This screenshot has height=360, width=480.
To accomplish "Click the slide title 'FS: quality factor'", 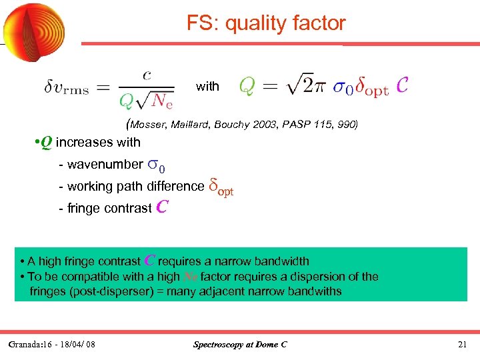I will [x=266, y=24].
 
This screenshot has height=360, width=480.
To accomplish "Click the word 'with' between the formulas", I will [x=207, y=86].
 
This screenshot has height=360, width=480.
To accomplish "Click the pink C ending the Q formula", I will [x=403, y=85].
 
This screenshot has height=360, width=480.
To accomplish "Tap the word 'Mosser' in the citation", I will [x=147, y=124].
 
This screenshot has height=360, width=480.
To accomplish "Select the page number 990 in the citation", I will [x=347, y=124].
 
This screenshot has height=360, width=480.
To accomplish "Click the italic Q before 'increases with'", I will [x=45, y=141].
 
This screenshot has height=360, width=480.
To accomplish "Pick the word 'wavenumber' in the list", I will [x=105, y=164].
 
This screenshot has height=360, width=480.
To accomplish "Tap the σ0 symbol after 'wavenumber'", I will [x=157, y=165].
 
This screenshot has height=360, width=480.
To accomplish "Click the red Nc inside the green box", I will [x=189, y=277].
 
